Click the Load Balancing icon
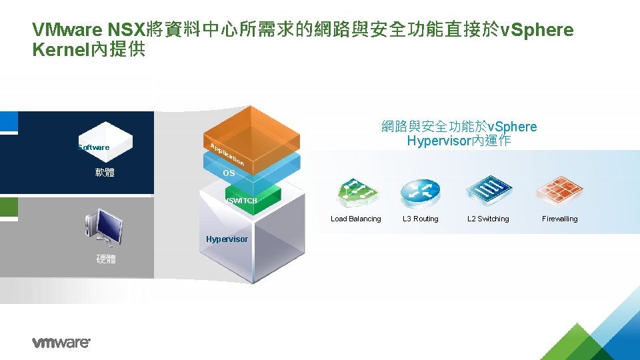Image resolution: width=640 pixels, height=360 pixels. click(x=358, y=193)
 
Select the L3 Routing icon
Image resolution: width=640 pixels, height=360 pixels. click(x=420, y=193)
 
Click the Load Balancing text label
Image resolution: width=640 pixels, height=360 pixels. click(x=356, y=219)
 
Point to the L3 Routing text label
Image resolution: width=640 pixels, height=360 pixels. click(x=421, y=219)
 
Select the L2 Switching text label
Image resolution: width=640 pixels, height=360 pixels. click(x=488, y=219)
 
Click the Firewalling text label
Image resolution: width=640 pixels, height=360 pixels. click(x=559, y=219)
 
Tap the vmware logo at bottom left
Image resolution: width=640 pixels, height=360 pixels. click(x=61, y=343)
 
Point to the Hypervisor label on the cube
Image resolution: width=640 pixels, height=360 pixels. click(x=227, y=239)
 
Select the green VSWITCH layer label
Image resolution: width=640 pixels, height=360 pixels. click(x=241, y=201)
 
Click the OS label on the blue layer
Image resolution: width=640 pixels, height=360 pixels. click(x=229, y=173)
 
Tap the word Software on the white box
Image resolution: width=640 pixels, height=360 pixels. click(x=93, y=147)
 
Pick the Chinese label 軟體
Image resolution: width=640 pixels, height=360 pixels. click(x=105, y=173)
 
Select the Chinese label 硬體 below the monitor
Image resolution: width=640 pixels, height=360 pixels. click(x=105, y=259)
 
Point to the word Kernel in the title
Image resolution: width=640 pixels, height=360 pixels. click(x=59, y=50)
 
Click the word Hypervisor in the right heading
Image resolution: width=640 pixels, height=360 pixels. click(x=438, y=141)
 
